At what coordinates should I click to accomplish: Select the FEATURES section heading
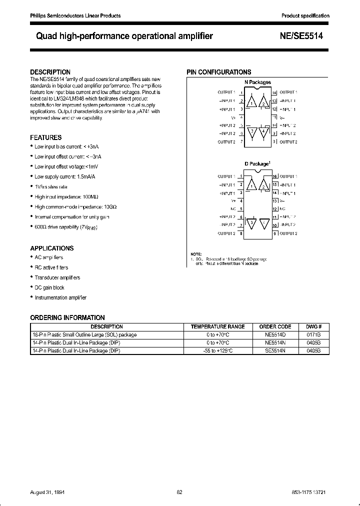pos(46,137)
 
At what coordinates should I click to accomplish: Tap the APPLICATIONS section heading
pos(52,248)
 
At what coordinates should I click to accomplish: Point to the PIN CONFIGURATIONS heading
pos(219,72)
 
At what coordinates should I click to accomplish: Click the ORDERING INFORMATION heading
pos(67,317)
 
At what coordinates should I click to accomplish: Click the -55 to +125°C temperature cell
pos(218,351)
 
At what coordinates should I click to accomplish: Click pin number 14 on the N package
pos(274,92)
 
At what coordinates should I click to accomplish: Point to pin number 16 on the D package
pos(274,176)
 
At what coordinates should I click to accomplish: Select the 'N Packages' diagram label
pos(257,82)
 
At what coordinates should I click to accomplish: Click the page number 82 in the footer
pos(179,492)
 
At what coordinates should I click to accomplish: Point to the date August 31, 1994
pos(48,492)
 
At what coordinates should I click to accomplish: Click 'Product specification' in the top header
pos(305,16)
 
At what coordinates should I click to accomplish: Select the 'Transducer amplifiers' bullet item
pos(57,277)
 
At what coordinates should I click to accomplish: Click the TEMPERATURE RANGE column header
pos(218,326)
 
